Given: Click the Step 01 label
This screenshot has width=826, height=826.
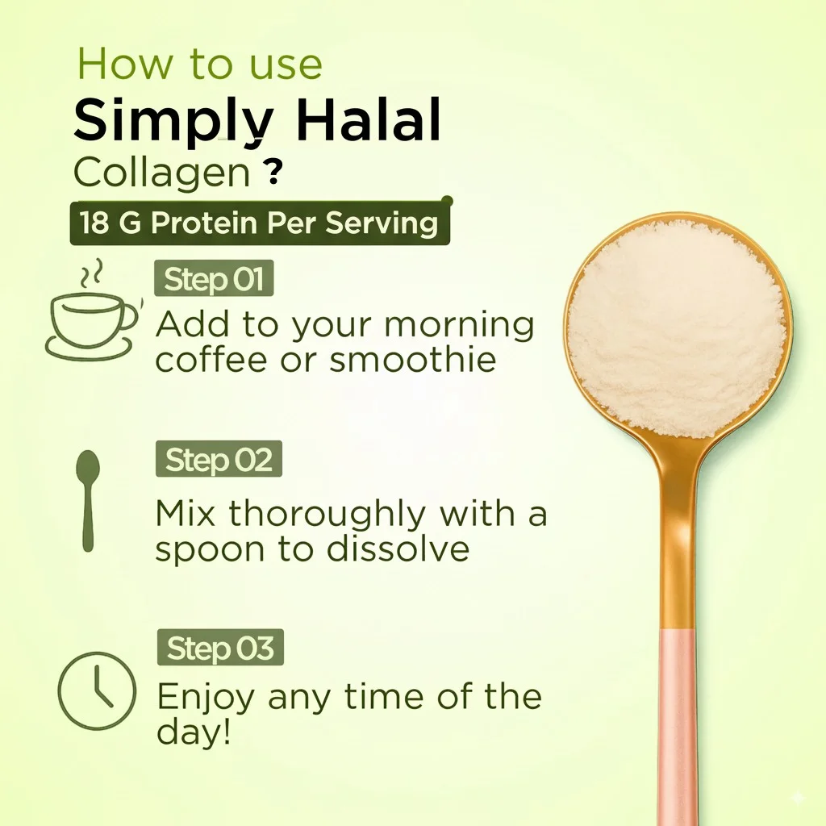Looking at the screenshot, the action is [x=213, y=278].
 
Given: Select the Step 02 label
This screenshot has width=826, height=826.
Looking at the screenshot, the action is [x=219, y=459].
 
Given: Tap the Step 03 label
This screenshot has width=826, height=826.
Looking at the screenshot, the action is [x=220, y=648].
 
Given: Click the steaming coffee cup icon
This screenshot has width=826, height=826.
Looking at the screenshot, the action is [x=93, y=311].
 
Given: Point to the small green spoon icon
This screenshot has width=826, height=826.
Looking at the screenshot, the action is [x=87, y=500].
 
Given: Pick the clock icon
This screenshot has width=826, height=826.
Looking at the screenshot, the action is [x=97, y=691].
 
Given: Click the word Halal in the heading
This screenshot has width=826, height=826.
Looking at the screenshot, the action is [x=368, y=119].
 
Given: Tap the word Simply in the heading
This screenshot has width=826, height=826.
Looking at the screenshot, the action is [x=173, y=123].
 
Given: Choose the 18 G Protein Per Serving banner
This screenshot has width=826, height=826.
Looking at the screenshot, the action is [x=260, y=223].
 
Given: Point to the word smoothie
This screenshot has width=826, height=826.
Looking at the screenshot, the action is [x=413, y=360].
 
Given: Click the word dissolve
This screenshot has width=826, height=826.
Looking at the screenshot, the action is [x=398, y=549].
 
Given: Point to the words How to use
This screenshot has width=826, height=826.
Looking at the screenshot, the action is [x=200, y=65].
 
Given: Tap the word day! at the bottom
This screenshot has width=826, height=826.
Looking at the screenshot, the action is [x=194, y=732].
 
